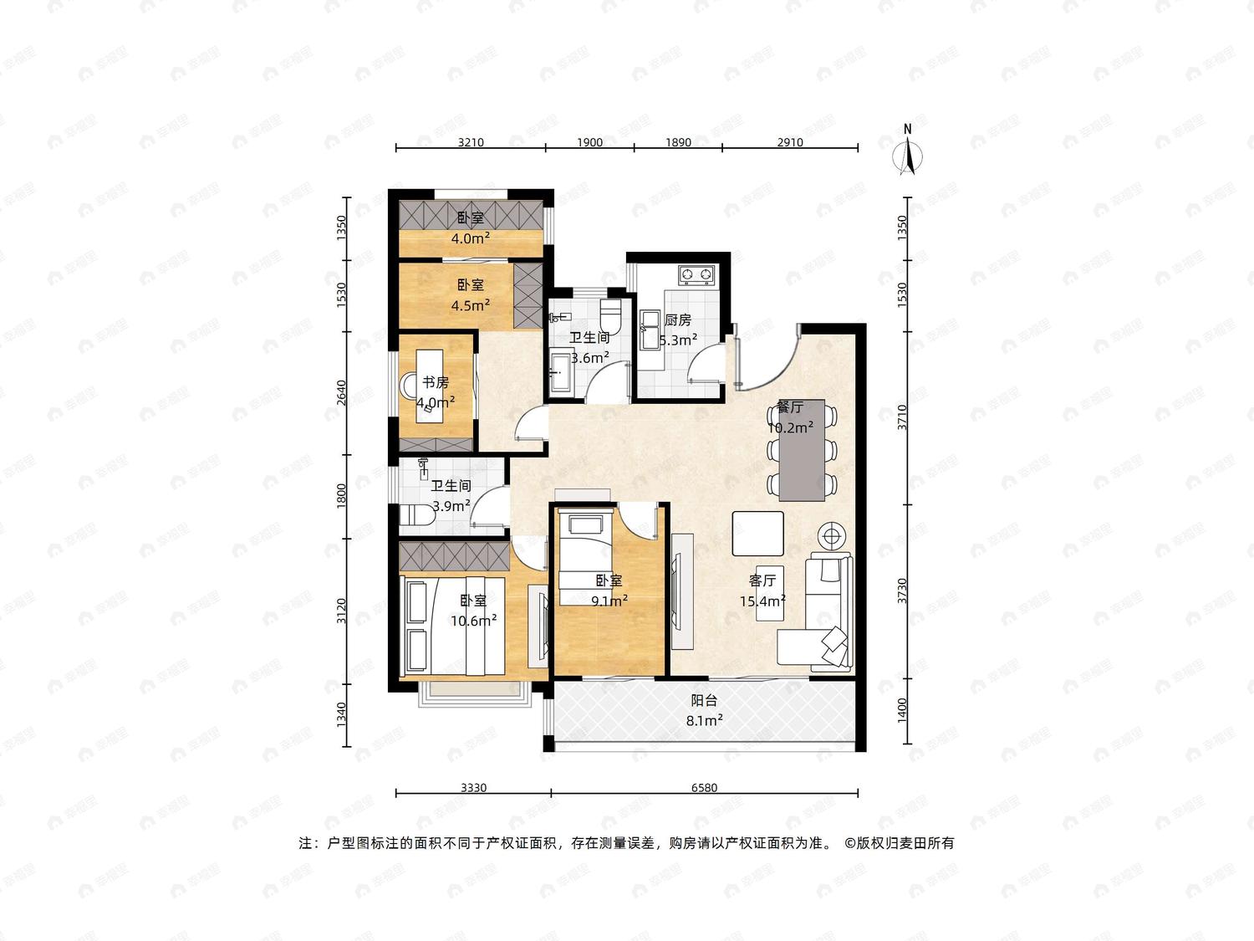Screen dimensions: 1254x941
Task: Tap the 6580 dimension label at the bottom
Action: point(704,788)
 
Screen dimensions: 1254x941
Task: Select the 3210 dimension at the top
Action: point(471,142)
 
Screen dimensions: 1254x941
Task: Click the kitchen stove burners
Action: point(696,275)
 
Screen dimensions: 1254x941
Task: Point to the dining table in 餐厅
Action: point(802,450)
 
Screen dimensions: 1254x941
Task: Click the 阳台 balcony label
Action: point(704,700)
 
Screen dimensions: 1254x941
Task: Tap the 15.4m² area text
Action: point(762,601)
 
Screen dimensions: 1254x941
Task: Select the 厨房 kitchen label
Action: point(677,320)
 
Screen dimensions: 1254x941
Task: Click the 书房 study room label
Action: point(436,382)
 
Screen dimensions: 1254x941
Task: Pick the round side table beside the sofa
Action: point(833,536)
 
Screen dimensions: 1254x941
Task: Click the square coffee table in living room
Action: point(757,533)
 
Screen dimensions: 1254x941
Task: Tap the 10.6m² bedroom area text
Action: point(474,621)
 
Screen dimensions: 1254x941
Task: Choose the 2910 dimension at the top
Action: point(789,142)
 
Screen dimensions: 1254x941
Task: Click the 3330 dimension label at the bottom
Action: point(474,788)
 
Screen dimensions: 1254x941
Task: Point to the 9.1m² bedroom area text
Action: point(609,601)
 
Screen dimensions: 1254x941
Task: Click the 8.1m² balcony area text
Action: point(704,720)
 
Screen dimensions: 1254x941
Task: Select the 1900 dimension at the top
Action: point(589,142)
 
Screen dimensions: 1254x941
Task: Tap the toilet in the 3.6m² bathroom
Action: point(610,312)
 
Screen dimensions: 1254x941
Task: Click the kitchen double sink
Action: point(650,330)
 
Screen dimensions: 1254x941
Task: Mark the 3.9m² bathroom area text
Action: point(451,506)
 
